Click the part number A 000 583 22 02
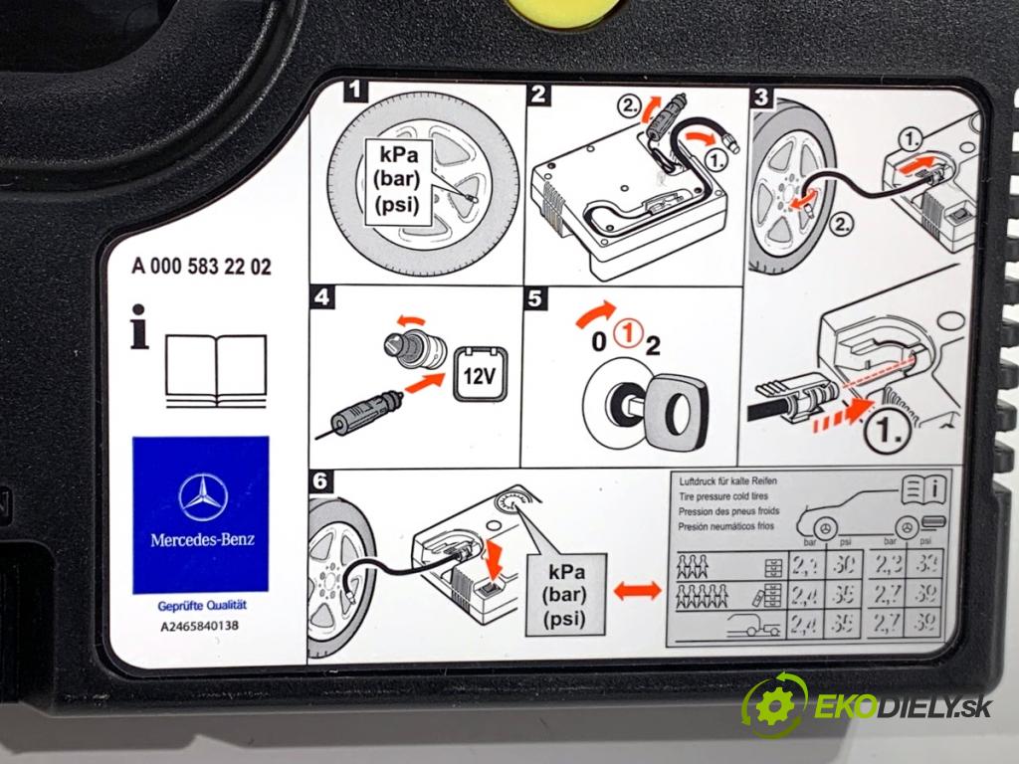coord(200,267)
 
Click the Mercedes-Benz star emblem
coord(203,494)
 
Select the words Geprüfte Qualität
coord(202,606)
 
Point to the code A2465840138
coord(200,627)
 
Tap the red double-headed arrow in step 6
coord(637,591)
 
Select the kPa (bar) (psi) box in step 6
coord(567,594)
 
